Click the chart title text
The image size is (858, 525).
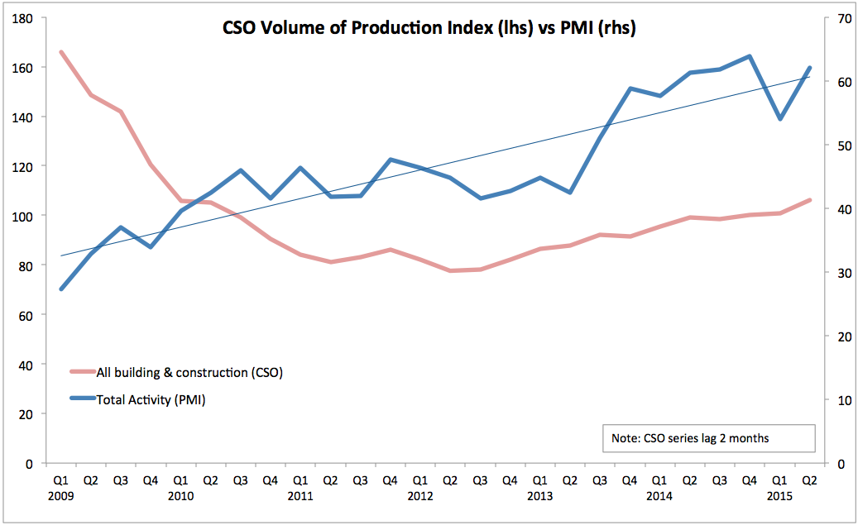[429, 28]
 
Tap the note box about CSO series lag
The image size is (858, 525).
[709, 438]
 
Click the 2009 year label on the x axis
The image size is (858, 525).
[60, 496]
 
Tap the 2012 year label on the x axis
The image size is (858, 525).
[420, 496]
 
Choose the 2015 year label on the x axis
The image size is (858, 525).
[779, 496]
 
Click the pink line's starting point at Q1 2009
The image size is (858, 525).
[61, 52]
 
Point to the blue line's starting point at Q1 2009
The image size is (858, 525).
[61, 289]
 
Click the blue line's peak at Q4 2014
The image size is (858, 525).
[750, 56]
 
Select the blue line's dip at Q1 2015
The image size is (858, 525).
[779, 119]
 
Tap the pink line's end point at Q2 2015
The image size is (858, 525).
[810, 200]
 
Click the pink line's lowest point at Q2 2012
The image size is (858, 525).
[450, 270]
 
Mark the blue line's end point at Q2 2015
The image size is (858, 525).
[810, 68]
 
